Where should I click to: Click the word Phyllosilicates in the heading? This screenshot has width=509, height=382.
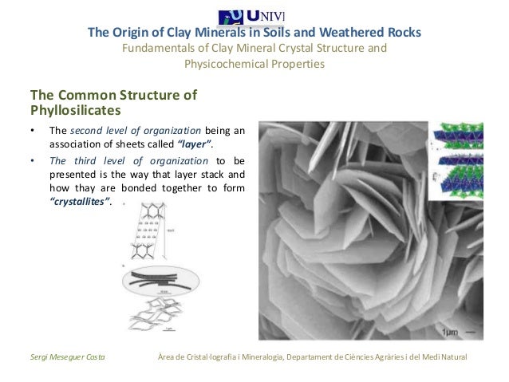pos(75,109)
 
